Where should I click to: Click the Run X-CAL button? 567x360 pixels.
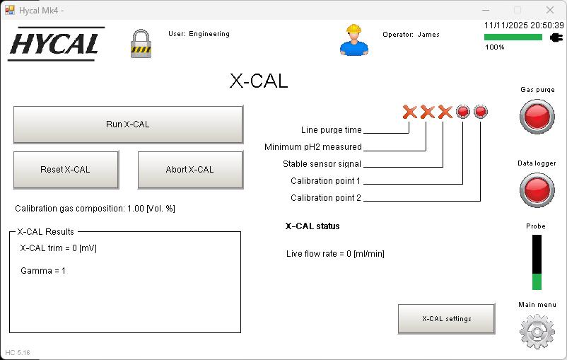128,124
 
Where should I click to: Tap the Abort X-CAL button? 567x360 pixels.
189,170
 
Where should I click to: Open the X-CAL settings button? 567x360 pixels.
446,319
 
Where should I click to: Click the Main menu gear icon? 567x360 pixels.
537,331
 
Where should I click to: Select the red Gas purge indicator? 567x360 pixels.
537,117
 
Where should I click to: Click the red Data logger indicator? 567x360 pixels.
537,190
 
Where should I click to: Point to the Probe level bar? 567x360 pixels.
537,262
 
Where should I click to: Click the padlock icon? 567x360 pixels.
141,43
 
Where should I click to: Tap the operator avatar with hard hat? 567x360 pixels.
353,40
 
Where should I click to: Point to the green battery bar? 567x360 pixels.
513,37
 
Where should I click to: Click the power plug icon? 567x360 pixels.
556,37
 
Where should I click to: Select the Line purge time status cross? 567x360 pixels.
409,112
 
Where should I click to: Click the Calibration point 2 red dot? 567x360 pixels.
480,112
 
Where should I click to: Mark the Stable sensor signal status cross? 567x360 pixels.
444,112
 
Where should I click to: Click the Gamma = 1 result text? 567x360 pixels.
43,271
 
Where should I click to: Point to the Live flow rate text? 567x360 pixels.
335,254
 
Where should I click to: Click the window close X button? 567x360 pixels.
550,10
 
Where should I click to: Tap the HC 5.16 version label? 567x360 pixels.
18,352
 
